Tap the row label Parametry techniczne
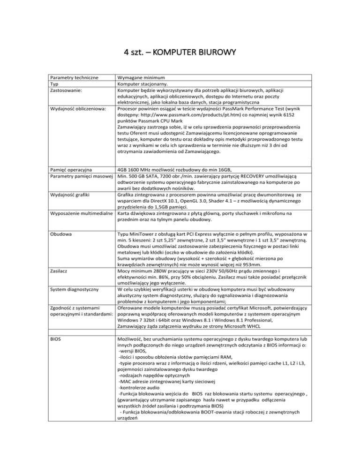pos(75,77)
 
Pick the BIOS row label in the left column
pos(58,351)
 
